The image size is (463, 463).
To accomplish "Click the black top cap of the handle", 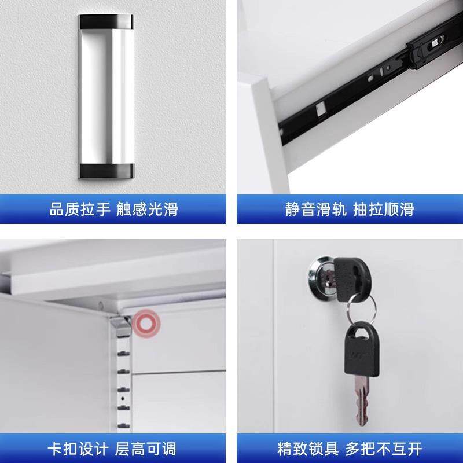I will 106,21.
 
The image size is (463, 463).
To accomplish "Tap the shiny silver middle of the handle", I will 106,95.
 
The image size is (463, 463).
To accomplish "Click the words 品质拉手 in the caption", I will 79,209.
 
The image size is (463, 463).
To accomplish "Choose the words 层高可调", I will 146,448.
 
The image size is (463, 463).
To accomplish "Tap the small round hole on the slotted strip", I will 122,398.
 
